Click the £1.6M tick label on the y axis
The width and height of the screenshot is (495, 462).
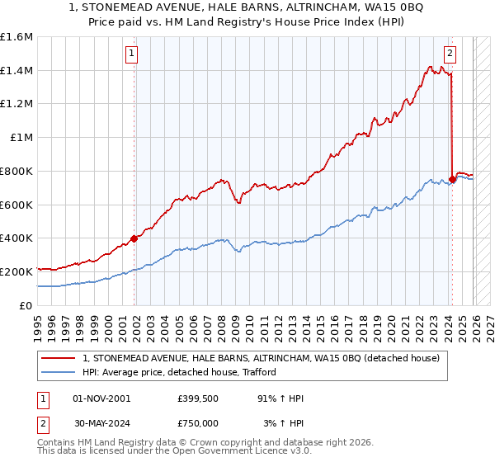click(16, 37)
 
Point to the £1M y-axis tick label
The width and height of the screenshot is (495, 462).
click(21, 138)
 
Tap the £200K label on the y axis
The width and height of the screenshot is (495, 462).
click(16, 271)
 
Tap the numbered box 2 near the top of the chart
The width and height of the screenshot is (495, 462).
click(450, 54)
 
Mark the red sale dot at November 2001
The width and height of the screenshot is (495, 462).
click(134, 238)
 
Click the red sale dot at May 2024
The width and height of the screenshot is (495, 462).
click(452, 179)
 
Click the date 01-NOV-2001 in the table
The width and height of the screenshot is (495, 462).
click(101, 398)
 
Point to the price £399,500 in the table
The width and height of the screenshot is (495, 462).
click(196, 398)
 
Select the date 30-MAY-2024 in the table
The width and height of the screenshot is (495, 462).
click(101, 423)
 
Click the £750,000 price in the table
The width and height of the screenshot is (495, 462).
click(196, 423)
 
